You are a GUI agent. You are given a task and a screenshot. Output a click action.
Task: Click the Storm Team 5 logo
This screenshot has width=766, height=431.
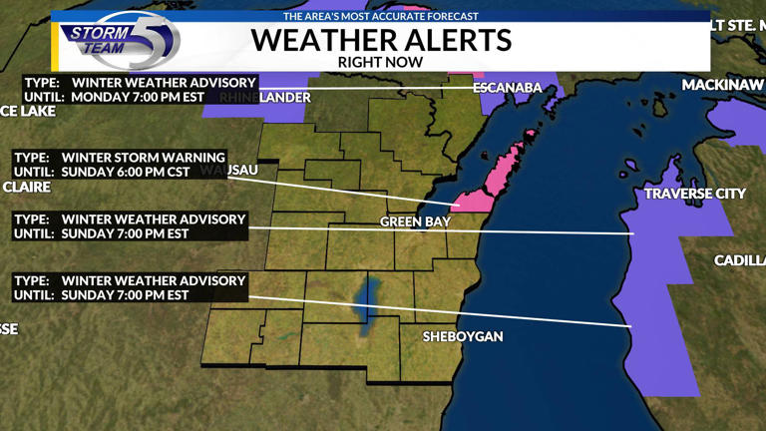coord(120,40)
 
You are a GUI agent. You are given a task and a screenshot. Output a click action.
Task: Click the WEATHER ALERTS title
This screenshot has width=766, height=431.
coord(380,40)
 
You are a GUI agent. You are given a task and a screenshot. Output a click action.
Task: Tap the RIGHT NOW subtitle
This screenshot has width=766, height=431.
coord(380,62)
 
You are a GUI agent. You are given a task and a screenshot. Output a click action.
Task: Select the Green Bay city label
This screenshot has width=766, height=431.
coord(415,221)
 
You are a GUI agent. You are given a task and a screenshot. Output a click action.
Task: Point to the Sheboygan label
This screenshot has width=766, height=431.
coord(463,336)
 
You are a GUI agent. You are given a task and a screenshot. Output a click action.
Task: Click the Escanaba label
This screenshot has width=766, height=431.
coord(508,88)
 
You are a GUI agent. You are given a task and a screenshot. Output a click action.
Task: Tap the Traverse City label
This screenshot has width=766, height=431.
coord(695,194)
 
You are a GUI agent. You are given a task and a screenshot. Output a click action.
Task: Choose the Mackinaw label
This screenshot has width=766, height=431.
coord(722,85)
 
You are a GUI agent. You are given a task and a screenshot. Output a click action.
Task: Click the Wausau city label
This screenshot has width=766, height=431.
coord(239,171)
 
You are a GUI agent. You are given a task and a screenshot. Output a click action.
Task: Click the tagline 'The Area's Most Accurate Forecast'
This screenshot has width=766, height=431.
coord(380,16)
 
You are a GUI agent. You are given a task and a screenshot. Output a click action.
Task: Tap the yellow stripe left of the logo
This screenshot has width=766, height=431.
coord(56,46)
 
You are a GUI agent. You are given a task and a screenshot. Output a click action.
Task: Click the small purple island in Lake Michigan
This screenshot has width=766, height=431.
coord(630,168)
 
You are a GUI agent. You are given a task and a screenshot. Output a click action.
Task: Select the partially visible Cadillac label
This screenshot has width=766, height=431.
coord(739,260)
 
